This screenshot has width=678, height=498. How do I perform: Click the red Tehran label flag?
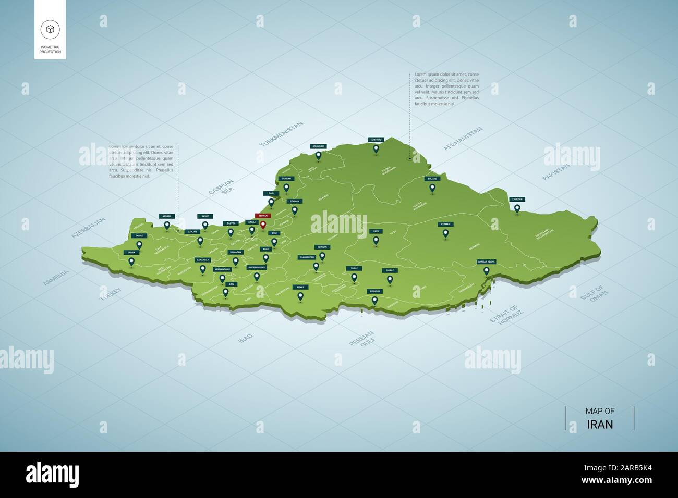point(263,216)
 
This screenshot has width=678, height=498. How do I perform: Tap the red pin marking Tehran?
point(263,225)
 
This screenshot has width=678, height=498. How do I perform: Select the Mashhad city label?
point(376,140)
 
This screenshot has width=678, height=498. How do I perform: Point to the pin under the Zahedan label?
point(517,208)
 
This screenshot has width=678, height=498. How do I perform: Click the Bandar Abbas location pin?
point(486,270)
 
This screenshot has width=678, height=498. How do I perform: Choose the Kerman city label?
point(445,225)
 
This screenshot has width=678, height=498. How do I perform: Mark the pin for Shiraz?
point(390,279)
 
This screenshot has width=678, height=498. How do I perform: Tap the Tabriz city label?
point(139,236)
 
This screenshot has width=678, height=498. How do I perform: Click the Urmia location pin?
point(131,262)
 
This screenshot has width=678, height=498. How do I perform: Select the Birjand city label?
point(432,179)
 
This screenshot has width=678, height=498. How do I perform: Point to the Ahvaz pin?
point(300,296)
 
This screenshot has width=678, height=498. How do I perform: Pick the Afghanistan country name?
point(463,139)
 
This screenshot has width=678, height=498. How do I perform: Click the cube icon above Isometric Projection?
point(50,29)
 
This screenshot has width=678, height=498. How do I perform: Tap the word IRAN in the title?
point(600,424)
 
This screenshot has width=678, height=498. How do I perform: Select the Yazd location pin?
point(376,241)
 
